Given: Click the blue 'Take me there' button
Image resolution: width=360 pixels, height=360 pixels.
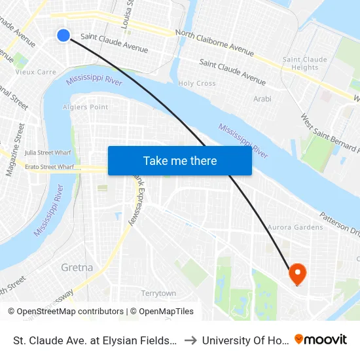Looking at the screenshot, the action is [180, 160].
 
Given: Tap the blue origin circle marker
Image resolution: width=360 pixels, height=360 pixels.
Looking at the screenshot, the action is [63, 35].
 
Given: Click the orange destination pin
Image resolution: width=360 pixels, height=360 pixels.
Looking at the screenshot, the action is [297, 274].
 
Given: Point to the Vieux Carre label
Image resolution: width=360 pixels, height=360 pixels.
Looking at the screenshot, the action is [36, 72].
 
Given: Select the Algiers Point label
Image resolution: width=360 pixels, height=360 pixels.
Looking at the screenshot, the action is [85, 107].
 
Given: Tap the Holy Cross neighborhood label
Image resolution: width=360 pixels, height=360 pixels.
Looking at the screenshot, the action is [197, 84].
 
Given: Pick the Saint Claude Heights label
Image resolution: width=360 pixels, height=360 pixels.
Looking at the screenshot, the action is [305, 63].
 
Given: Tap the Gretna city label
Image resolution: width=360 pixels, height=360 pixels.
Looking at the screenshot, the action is [77, 268].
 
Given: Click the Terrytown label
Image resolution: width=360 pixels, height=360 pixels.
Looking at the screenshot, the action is [159, 293].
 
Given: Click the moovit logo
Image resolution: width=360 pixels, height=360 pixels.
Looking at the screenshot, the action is [321, 339].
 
